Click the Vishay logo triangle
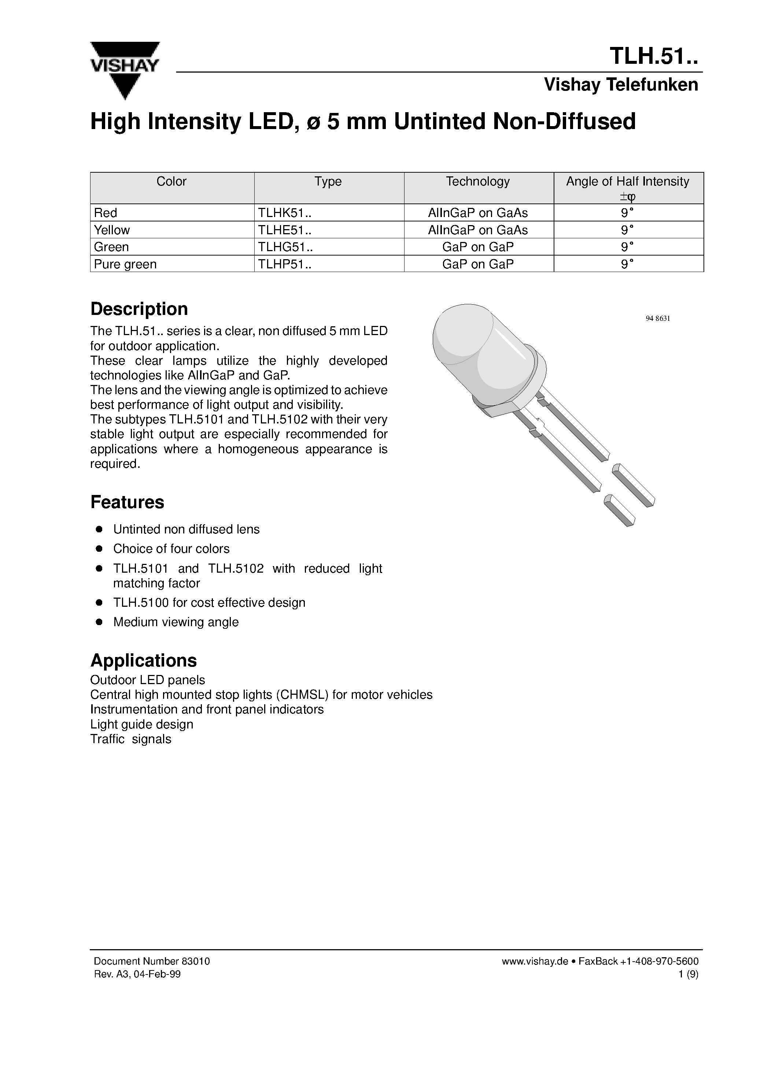point(125,70)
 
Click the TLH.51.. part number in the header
point(653,56)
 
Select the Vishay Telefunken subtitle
point(621,85)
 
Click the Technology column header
point(478,181)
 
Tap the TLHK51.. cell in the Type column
point(285,213)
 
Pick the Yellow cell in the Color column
point(112,230)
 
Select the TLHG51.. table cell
point(285,247)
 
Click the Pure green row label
point(125,264)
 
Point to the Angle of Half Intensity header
point(628,181)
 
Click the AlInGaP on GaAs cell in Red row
point(478,213)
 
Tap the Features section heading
point(127,502)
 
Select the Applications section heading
point(143,661)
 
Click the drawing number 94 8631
point(658,319)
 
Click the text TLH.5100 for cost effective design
point(209,603)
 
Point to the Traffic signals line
point(131,739)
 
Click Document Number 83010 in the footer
point(152,961)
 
